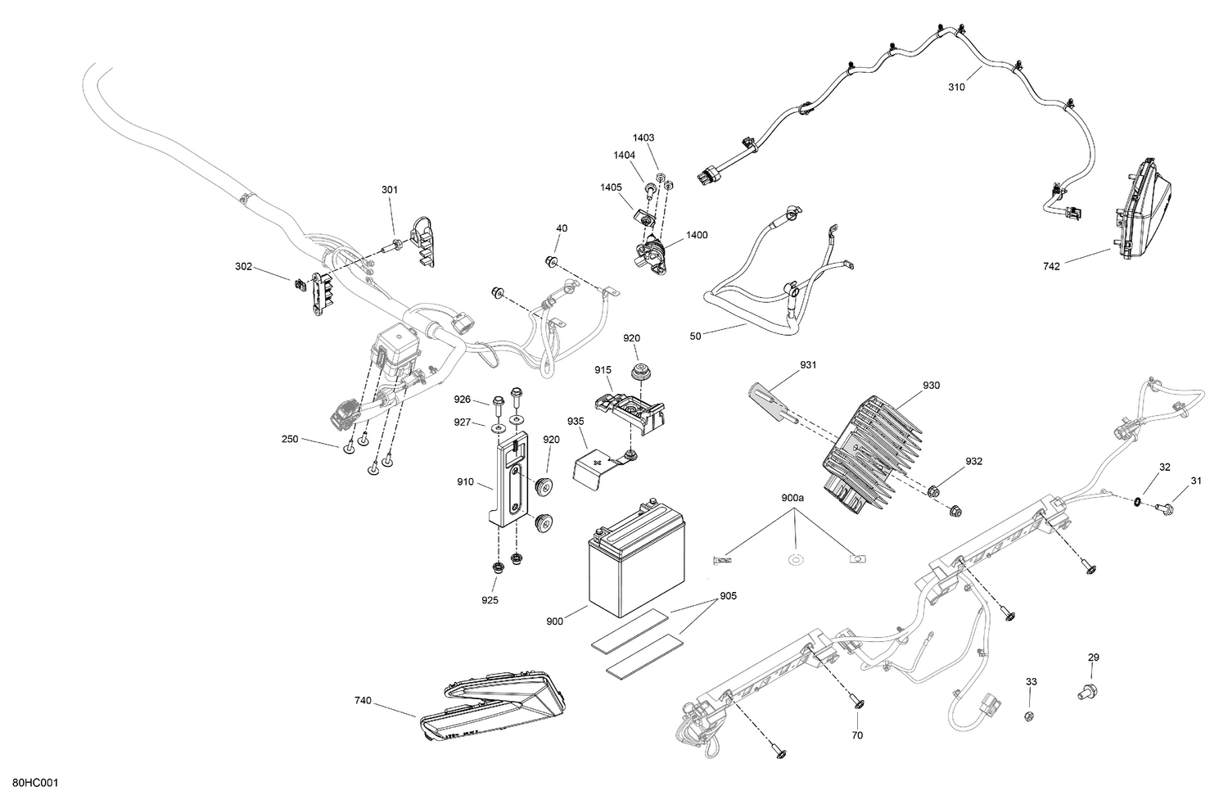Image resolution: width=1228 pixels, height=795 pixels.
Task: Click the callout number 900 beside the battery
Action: (x=554, y=621)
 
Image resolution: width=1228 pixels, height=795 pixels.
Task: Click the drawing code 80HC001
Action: (x=35, y=784)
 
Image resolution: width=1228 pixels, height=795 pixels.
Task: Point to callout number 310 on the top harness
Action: (x=955, y=87)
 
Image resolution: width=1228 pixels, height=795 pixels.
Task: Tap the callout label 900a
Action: (x=792, y=498)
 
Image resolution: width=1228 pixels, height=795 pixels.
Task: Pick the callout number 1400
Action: (x=697, y=235)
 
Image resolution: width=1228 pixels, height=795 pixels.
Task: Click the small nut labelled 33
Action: (x=1029, y=716)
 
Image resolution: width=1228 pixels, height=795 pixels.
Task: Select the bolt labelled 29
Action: (x=1085, y=693)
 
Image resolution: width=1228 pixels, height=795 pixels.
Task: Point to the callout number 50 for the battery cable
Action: (x=696, y=337)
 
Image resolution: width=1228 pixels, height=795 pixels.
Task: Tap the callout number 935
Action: (x=575, y=421)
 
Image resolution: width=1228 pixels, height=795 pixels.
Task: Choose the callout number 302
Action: (x=243, y=266)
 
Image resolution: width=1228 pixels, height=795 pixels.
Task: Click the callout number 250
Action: (x=290, y=440)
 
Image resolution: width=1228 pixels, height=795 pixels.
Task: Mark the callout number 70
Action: (x=857, y=735)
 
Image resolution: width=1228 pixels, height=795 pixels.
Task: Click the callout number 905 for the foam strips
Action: (x=728, y=596)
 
